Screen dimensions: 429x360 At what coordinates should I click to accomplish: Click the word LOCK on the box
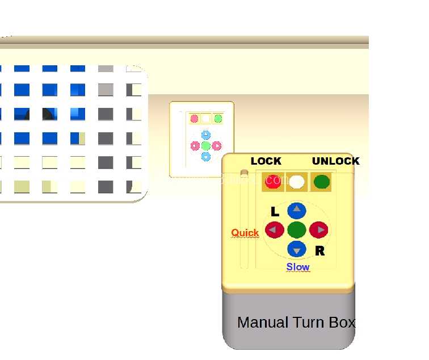[x=266, y=161]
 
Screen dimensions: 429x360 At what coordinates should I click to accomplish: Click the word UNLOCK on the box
[x=336, y=161]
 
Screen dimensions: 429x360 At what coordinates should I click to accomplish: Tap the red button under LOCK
[x=273, y=182]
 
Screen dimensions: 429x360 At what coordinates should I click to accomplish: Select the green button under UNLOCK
[x=322, y=182]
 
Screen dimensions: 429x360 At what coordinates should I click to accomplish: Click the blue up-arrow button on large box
[x=297, y=211]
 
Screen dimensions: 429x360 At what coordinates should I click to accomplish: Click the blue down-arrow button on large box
[x=297, y=249]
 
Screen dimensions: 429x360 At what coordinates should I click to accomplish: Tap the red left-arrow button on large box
[x=275, y=230]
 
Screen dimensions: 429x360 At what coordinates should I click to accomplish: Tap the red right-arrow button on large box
[x=319, y=230]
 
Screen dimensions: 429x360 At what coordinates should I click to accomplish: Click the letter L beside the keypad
[x=275, y=212]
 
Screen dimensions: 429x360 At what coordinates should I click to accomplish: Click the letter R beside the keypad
[x=320, y=251]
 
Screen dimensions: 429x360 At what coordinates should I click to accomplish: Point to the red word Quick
[x=245, y=233]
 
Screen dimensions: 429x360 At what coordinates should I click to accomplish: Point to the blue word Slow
[x=298, y=267]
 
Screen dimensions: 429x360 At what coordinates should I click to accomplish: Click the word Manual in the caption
[x=263, y=322]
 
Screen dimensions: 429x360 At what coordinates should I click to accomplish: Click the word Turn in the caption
[x=309, y=322]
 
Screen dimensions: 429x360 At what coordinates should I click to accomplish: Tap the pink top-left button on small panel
[x=194, y=119]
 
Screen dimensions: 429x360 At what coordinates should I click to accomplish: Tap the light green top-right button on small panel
[x=218, y=119]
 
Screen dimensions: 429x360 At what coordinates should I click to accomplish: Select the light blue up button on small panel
[x=206, y=135]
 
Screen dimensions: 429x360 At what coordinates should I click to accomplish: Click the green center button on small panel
[x=206, y=146]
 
